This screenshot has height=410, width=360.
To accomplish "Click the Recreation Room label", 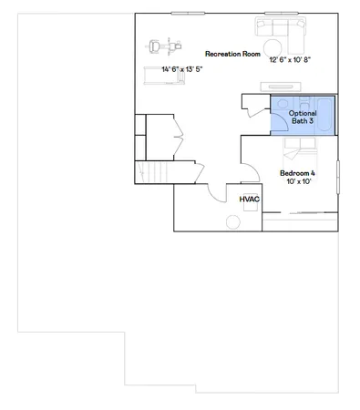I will (x=229, y=53).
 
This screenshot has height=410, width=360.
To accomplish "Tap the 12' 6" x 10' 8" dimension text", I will (x=289, y=61).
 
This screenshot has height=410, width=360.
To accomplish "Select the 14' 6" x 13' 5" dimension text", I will (x=181, y=69).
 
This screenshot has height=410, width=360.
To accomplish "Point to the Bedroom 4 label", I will (x=297, y=172).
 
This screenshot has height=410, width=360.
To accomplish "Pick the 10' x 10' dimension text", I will (x=298, y=182).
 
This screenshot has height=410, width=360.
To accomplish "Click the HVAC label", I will (x=250, y=198).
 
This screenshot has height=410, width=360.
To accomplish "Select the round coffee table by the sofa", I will (x=273, y=46).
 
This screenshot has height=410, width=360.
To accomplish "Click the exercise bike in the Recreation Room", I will (x=164, y=44).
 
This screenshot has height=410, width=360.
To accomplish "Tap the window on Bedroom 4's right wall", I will (x=337, y=175).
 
